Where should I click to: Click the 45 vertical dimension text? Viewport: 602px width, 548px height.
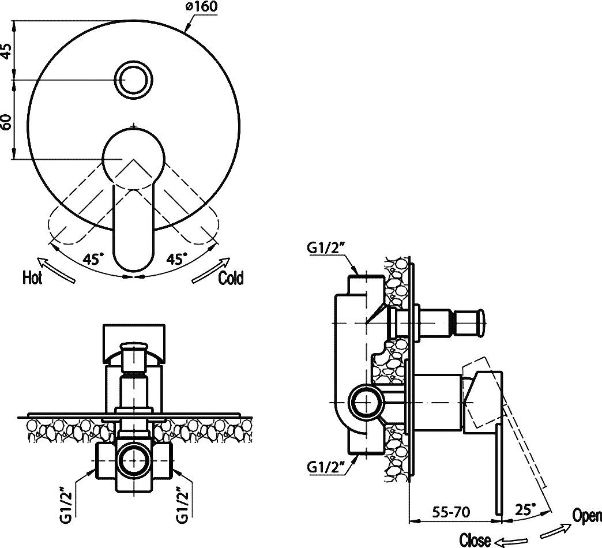6,50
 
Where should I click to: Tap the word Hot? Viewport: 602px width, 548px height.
32,278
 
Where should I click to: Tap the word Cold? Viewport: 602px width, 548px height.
231,278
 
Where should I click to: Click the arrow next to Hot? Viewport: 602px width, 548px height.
58,269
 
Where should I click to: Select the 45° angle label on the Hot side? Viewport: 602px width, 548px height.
93,259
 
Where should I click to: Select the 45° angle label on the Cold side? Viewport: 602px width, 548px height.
176,259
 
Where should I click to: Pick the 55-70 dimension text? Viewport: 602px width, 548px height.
453,511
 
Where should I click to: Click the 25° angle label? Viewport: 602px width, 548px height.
524,510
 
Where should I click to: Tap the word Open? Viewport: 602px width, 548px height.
586,516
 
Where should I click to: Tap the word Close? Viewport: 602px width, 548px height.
475,541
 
